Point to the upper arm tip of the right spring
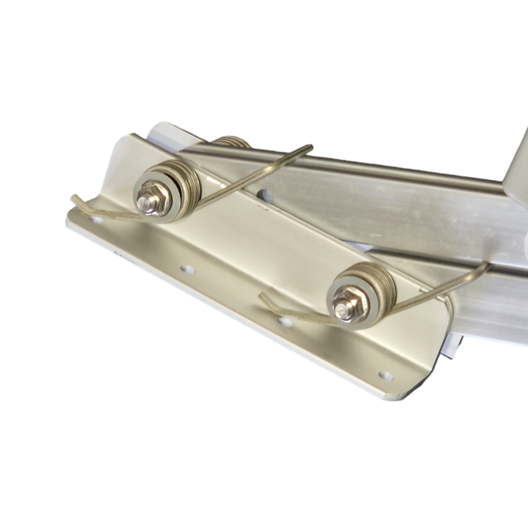pyautogui.click(x=487, y=265)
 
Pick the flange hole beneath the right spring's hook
pyautogui.click(x=285, y=322)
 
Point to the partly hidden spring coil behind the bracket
pyautogui.click(x=232, y=141)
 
